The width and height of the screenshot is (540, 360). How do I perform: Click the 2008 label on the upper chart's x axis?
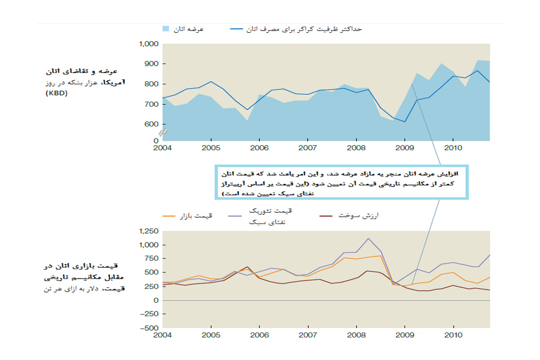[x=356, y=147]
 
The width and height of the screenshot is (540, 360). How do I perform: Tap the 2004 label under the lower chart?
[x=163, y=335]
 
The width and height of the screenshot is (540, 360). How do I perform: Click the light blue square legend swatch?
[x=166, y=29]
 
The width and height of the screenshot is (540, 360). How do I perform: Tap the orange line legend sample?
[x=168, y=216]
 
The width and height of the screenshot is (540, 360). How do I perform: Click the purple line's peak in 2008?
[x=368, y=238]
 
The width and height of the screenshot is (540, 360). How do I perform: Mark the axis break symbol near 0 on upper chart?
[x=163, y=133]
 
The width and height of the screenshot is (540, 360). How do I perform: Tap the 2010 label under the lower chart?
[x=453, y=335]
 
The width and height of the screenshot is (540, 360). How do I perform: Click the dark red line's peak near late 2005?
[x=247, y=267]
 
